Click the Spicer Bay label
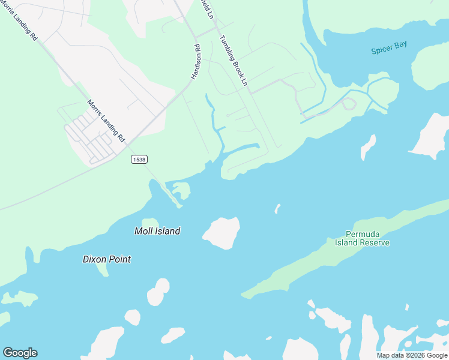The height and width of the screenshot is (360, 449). coord(389,50)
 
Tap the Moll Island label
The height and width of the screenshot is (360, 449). coord(157,231)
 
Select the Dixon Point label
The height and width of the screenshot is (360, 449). coord(106,259)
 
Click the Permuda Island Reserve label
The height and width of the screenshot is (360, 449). coord(367,238)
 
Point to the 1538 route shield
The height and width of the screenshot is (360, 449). coord(139,159)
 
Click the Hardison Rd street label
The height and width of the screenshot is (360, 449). coord(196,62)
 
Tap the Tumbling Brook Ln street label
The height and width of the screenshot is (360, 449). coord(234,61)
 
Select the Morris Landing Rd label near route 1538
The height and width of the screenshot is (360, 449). coord(106,120)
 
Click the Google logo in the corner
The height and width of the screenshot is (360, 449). coord(20,353)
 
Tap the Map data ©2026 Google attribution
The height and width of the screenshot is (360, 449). coord(412,355)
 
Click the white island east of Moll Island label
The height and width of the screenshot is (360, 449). coord(222,233)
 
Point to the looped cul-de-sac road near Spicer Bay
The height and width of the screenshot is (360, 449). coord(348,104)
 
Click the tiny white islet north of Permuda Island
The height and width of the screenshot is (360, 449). coord(277,208)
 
